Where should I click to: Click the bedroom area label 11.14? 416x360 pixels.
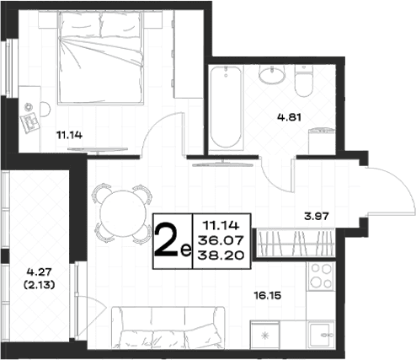pyautogui.click(x=69, y=135)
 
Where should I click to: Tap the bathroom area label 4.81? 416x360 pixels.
pyautogui.click(x=289, y=117)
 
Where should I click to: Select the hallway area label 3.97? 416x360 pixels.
pyautogui.click(x=317, y=216)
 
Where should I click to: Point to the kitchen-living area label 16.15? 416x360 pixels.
pyautogui.click(x=268, y=295)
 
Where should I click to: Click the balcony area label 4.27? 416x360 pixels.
pyautogui.click(x=39, y=271)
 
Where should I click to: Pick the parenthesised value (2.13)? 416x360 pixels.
pyautogui.click(x=39, y=285)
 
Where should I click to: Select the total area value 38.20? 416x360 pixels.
pyautogui.click(x=221, y=255)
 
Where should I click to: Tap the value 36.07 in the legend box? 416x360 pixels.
pyautogui.click(x=221, y=240)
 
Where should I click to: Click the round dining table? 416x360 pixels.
pyautogui.click(x=123, y=213)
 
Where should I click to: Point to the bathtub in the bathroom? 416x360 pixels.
pyautogui.click(x=226, y=107)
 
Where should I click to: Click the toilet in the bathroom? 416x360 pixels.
pyautogui.click(x=304, y=81)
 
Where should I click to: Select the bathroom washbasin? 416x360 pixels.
pyautogui.click(x=271, y=74)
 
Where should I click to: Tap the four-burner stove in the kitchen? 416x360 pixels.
pyautogui.click(x=320, y=277)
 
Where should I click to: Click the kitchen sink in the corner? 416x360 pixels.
pyautogui.click(x=321, y=335)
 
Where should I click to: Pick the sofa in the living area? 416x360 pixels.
pyautogui.click(x=168, y=328)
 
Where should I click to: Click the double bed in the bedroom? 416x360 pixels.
pyautogui.click(x=101, y=57)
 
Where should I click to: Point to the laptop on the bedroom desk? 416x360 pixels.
pyautogui.click(x=29, y=122)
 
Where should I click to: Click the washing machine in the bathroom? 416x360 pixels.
pyautogui.click(x=322, y=141)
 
